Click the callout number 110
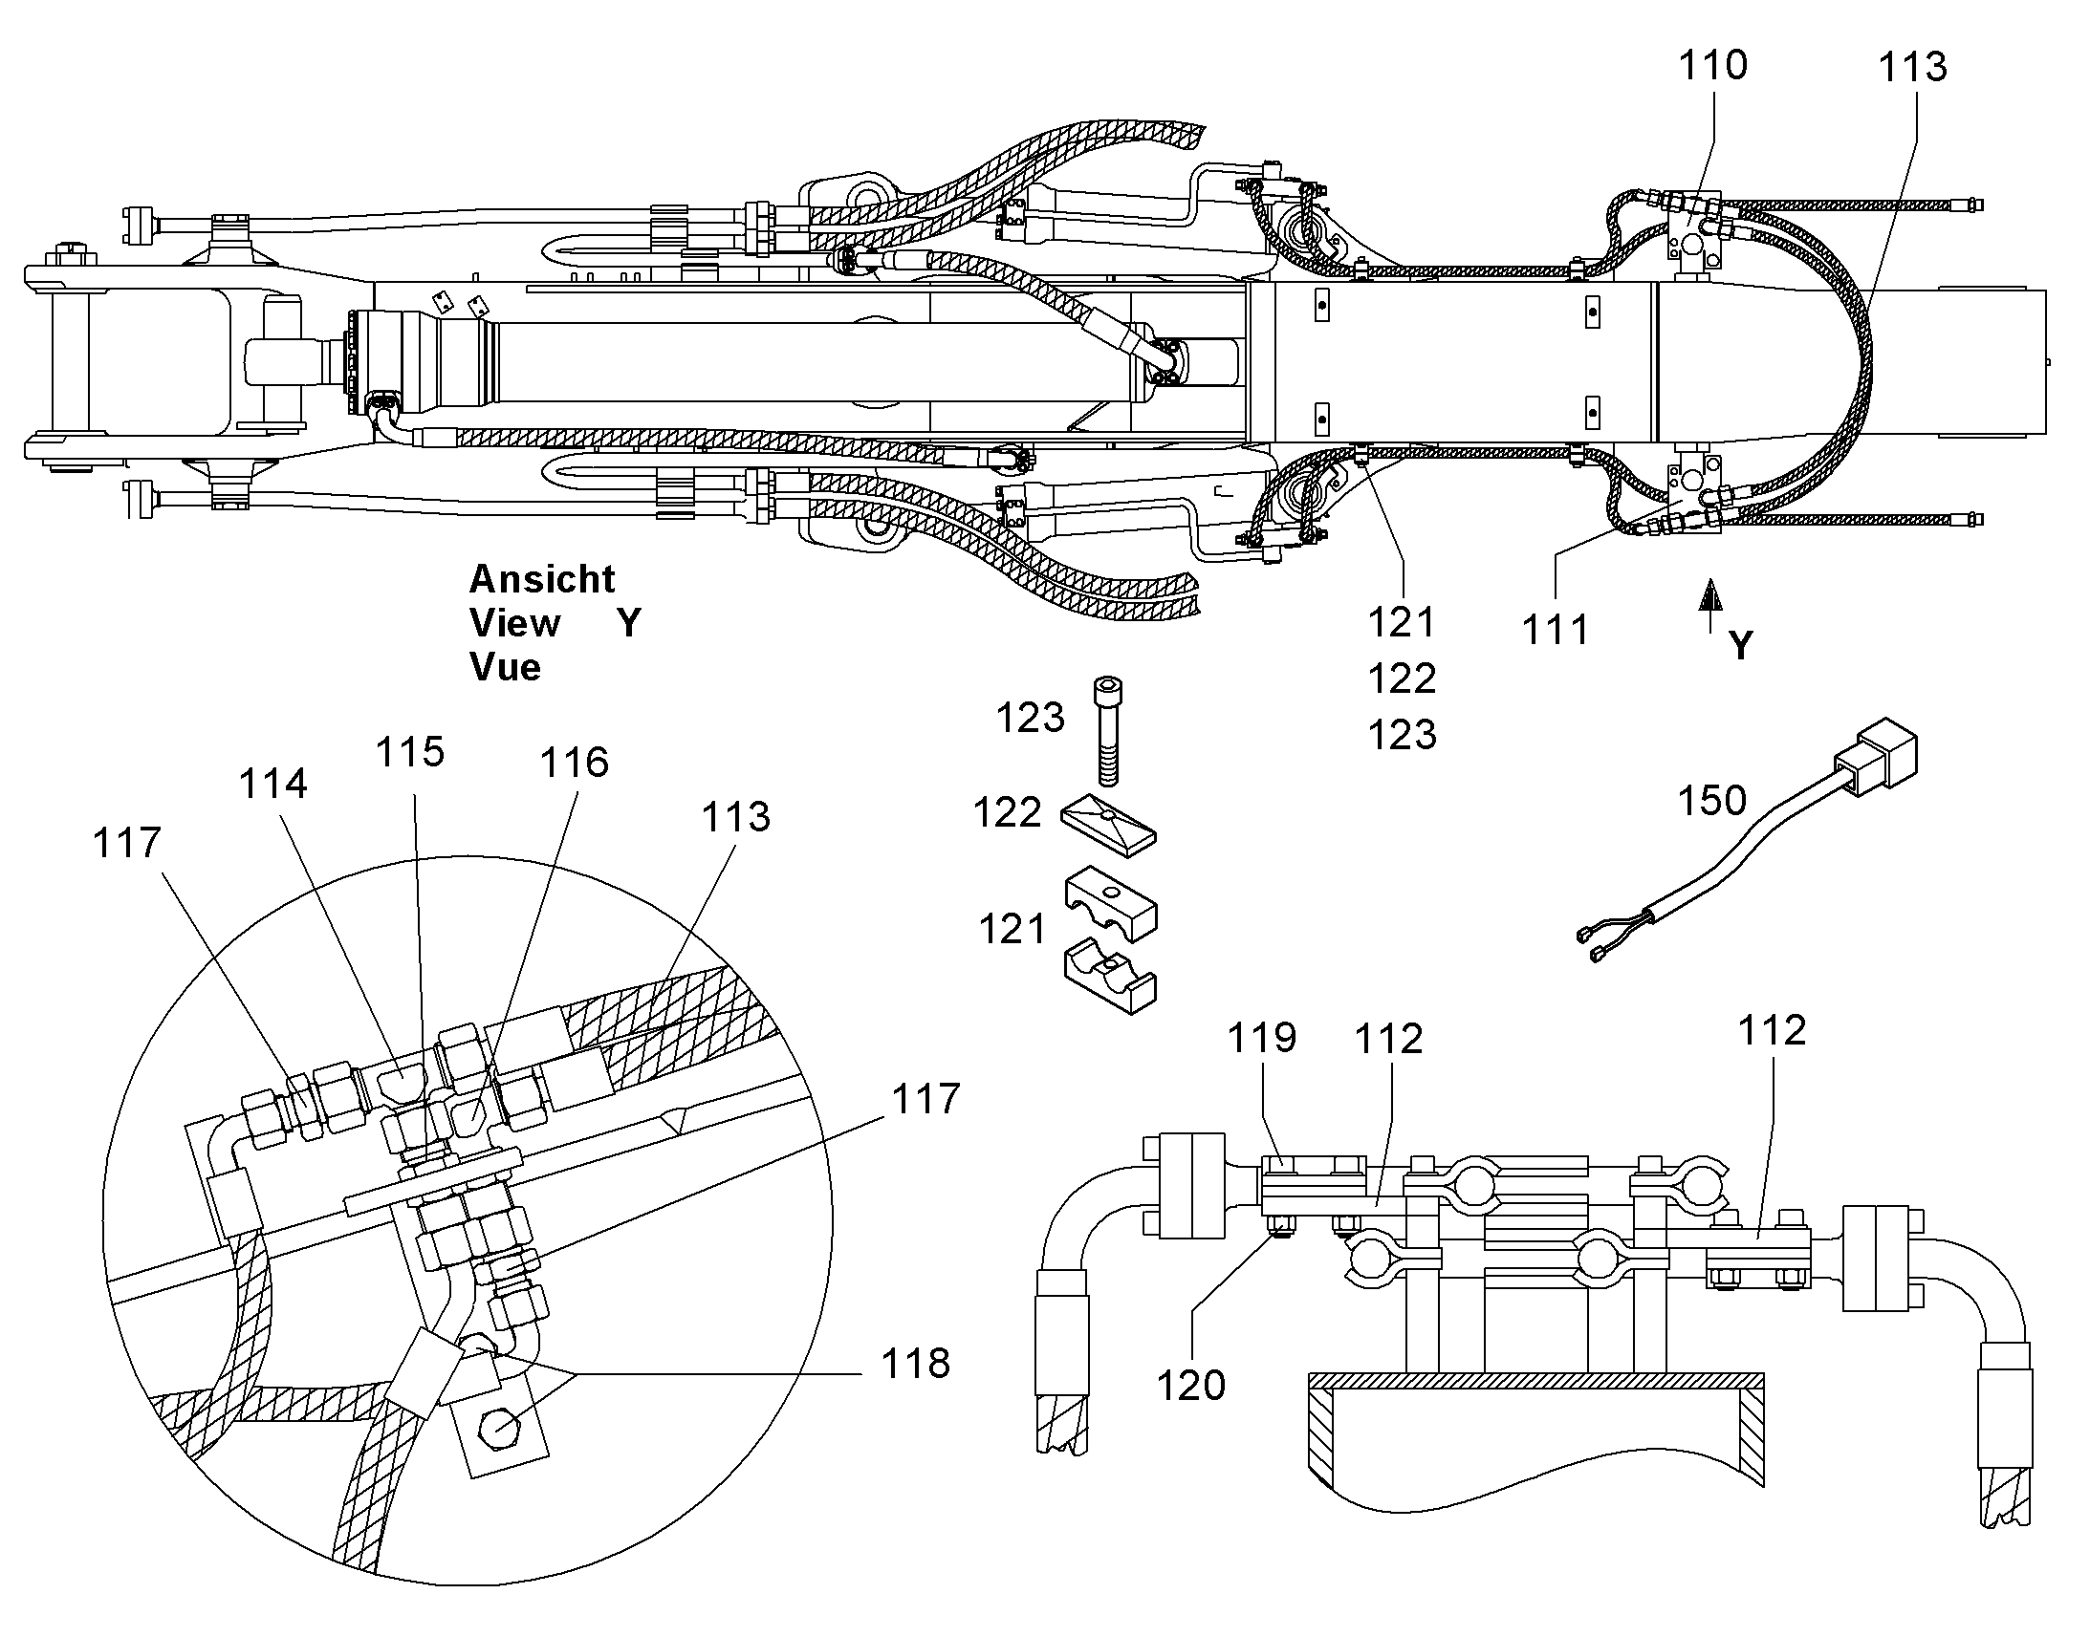coord(1712,65)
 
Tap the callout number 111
coord(1556,630)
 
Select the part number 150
coord(1712,800)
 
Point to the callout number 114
coord(273,784)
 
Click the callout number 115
coord(410,752)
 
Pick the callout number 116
coord(575,763)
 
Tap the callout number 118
coord(916,1363)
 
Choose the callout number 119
coord(1263,1037)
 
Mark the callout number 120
coord(1191,1386)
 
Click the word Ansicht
coord(543,579)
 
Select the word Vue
coord(505,667)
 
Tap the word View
coord(514,623)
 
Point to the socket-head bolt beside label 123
coord(1107,731)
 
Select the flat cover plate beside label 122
coord(1109,824)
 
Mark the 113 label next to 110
coord(1912,67)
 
